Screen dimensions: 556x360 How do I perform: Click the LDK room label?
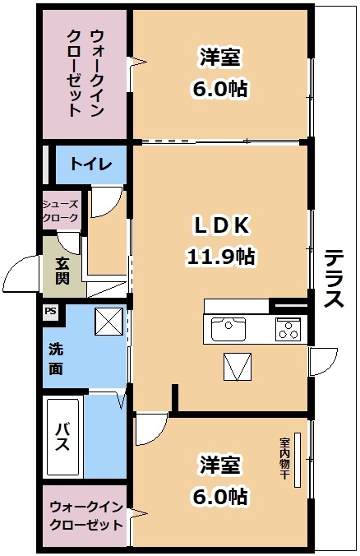click(x=220, y=225)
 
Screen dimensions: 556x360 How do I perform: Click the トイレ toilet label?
click(x=90, y=163)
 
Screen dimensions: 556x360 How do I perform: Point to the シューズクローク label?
click(x=62, y=211)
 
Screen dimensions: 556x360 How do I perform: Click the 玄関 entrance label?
click(x=63, y=272)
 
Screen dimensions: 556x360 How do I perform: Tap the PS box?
click(x=51, y=312)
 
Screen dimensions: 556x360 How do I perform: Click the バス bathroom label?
click(x=62, y=438)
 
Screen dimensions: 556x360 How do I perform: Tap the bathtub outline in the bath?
click(x=64, y=438)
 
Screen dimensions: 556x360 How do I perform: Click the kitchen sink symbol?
click(x=228, y=330)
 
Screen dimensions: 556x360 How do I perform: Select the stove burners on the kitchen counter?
click(x=288, y=329)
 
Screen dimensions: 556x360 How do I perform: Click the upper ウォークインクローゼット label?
click(x=85, y=72)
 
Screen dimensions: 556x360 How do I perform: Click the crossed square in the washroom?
click(x=108, y=321)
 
